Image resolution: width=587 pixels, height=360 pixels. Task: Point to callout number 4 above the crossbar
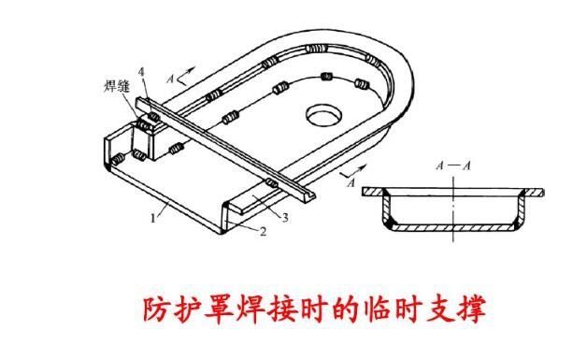coord(139,72)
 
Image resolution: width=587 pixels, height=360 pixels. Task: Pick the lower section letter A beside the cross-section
coord(349,184)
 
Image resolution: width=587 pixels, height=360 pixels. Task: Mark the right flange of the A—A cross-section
coord(531,192)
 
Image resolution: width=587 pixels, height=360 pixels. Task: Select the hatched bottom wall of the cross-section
coord(452,227)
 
